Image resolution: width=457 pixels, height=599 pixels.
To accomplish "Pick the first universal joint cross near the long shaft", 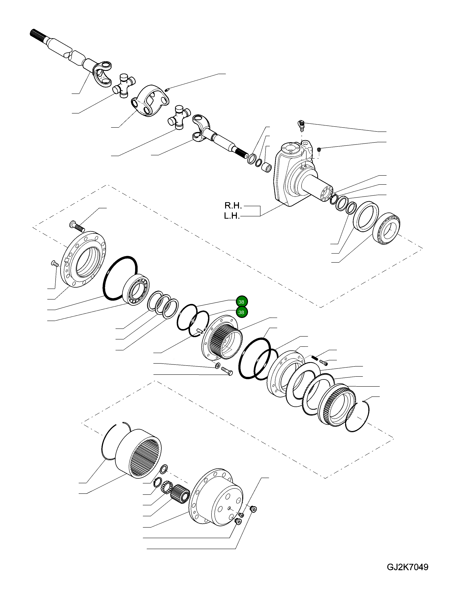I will pyautogui.click(x=124, y=85).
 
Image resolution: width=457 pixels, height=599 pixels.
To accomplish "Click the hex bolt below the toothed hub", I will pyautogui.click(x=227, y=371).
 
